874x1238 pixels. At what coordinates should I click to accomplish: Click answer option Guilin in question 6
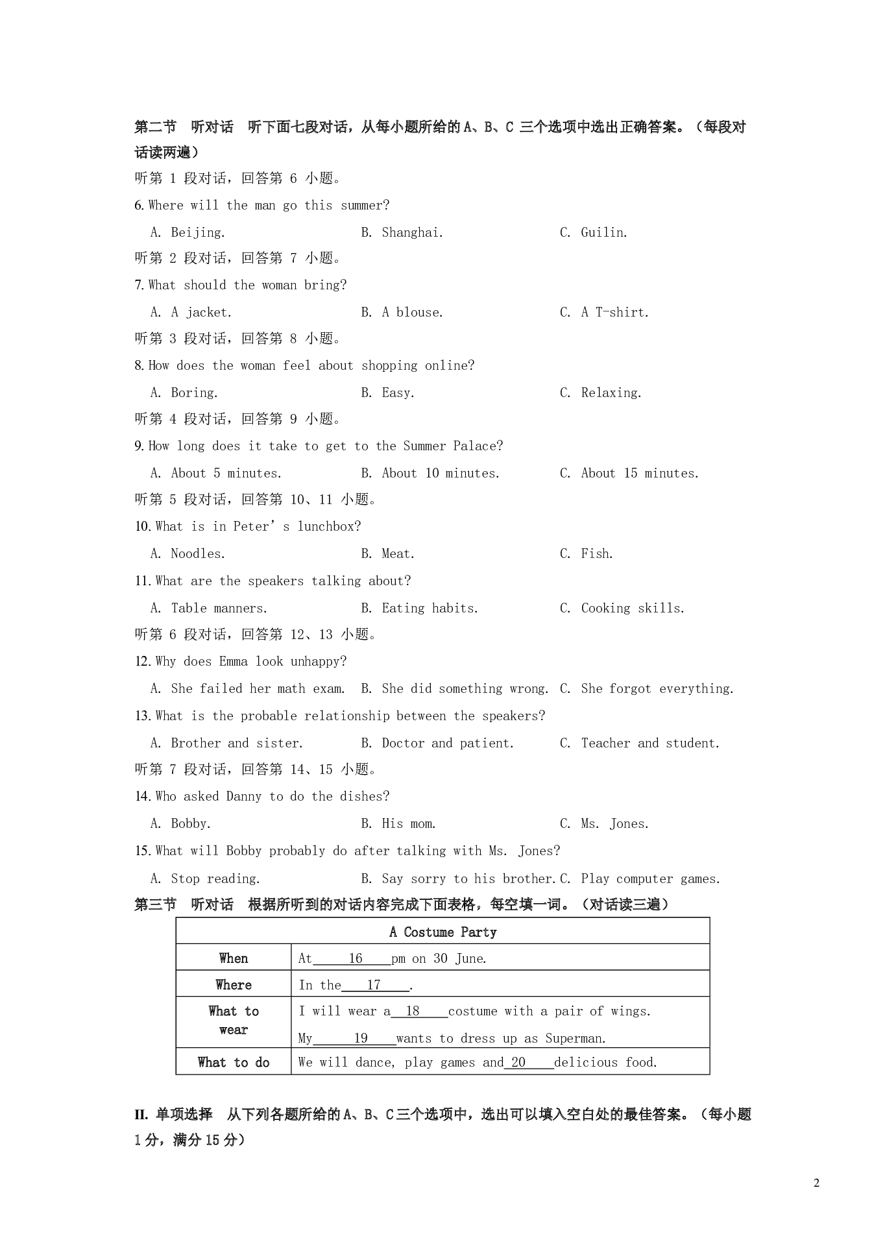pyautogui.click(x=603, y=232)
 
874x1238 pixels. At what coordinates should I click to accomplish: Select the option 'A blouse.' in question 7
pyautogui.click(x=412, y=312)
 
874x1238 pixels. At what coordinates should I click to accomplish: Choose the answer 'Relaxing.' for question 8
pyautogui.click(x=611, y=393)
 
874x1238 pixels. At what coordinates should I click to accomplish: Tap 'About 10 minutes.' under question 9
pyautogui.click(x=441, y=473)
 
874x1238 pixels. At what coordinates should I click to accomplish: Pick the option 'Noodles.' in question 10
pyautogui.click(x=198, y=553)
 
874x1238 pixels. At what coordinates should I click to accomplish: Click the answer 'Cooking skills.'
pyautogui.click(x=632, y=608)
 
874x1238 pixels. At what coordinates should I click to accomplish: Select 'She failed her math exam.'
pyautogui.click(x=258, y=688)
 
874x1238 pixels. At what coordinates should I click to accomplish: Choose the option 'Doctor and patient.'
pyautogui.click(x=447, y=743)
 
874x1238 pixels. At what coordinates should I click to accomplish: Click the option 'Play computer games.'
pyautogui.click(x=650, y=879)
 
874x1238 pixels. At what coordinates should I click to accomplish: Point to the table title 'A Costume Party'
pyautogui.click(x=443, y=932)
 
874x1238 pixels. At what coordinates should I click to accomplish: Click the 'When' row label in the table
pyautogui.click(x=234, y=958)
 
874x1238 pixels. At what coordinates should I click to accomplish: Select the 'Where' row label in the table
pyautogui.click(x=234, y=984)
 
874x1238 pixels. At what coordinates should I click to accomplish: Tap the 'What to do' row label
pyautogui.click(x=234, y=1062)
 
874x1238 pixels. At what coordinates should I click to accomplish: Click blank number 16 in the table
pyautogui.click(x=355, y=958)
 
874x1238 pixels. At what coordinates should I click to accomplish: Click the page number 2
pyautogui.click(x=816, y=1182)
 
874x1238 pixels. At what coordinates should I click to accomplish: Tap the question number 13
pyautogui.click(x=143, y=716)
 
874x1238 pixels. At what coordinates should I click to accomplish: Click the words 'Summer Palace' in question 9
pyautogui.click(x=452, y=446)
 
